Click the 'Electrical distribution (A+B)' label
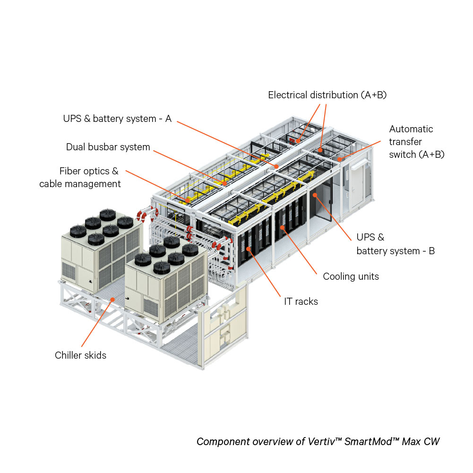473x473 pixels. tap(327, 95)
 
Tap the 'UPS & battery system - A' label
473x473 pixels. tap(117, 119)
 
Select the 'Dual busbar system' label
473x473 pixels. tap(108, 147)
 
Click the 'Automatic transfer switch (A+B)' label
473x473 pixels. tap(416, 141)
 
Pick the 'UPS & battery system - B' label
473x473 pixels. tap(396, 244)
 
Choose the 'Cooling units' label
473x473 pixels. tap(351, 276)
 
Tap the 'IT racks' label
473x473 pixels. tap(301, 301)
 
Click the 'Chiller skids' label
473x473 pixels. tap(80, 355)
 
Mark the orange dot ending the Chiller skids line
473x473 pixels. tap(112, 299)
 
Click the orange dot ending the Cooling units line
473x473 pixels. tap(282, 227)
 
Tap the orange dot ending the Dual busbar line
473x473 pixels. tap(225, 182)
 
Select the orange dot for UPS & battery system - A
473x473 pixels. tap(276, 166)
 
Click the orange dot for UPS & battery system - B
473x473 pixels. tap(314, 194)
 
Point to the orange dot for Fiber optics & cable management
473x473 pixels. tap(188, 200)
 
